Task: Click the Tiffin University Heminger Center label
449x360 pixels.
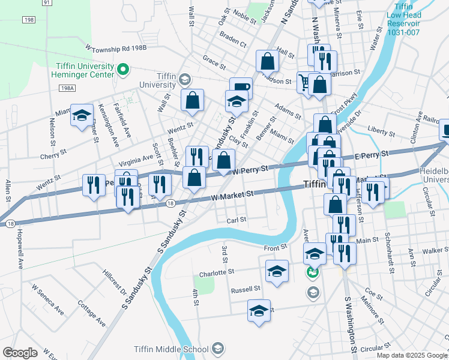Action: point(84,70)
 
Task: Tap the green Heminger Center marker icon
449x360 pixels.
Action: point(123,70)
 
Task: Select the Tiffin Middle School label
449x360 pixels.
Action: point(171,349)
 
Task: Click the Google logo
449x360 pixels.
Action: point(20,353)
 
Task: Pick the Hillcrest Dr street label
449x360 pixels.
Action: point(115,281)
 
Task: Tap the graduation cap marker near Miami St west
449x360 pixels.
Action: point(81,116)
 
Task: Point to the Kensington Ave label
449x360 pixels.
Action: point(116,126)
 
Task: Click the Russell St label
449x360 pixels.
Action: point(246,289)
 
